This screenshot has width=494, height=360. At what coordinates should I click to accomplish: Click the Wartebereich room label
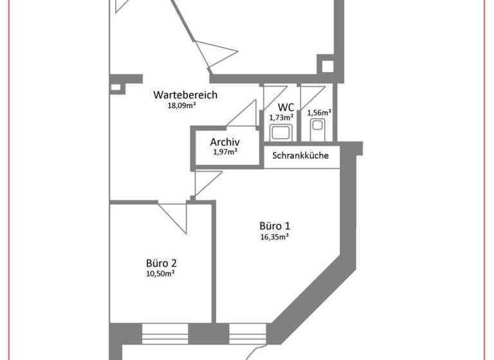(x=185, y=95)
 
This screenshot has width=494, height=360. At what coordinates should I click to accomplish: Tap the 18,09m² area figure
(x=181, y=105)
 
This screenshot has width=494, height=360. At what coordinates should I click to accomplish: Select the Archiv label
(x=225, y=142)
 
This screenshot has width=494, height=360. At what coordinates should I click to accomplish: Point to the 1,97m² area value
(x=225, y=152)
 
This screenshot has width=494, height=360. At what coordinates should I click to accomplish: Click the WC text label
(x=286, y=107)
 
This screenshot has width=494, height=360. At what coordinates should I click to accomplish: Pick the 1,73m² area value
(x=281, y=117)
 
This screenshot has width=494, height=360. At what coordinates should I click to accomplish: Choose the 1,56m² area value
(x=319, y=113)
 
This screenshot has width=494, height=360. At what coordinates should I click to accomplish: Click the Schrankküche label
(x=301, y=156)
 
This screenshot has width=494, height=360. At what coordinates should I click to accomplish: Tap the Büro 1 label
(x=275, y=226)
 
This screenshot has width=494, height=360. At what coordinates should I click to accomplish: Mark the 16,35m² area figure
(x=274, y=236)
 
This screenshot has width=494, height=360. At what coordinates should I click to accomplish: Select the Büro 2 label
(x=161, y=263)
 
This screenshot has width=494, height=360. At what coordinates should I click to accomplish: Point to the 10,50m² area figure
(x=161, y=273)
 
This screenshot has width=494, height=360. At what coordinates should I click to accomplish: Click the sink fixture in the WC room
(x=281, y=133)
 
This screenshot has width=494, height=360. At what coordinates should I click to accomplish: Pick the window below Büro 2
(x=165, y=334)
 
